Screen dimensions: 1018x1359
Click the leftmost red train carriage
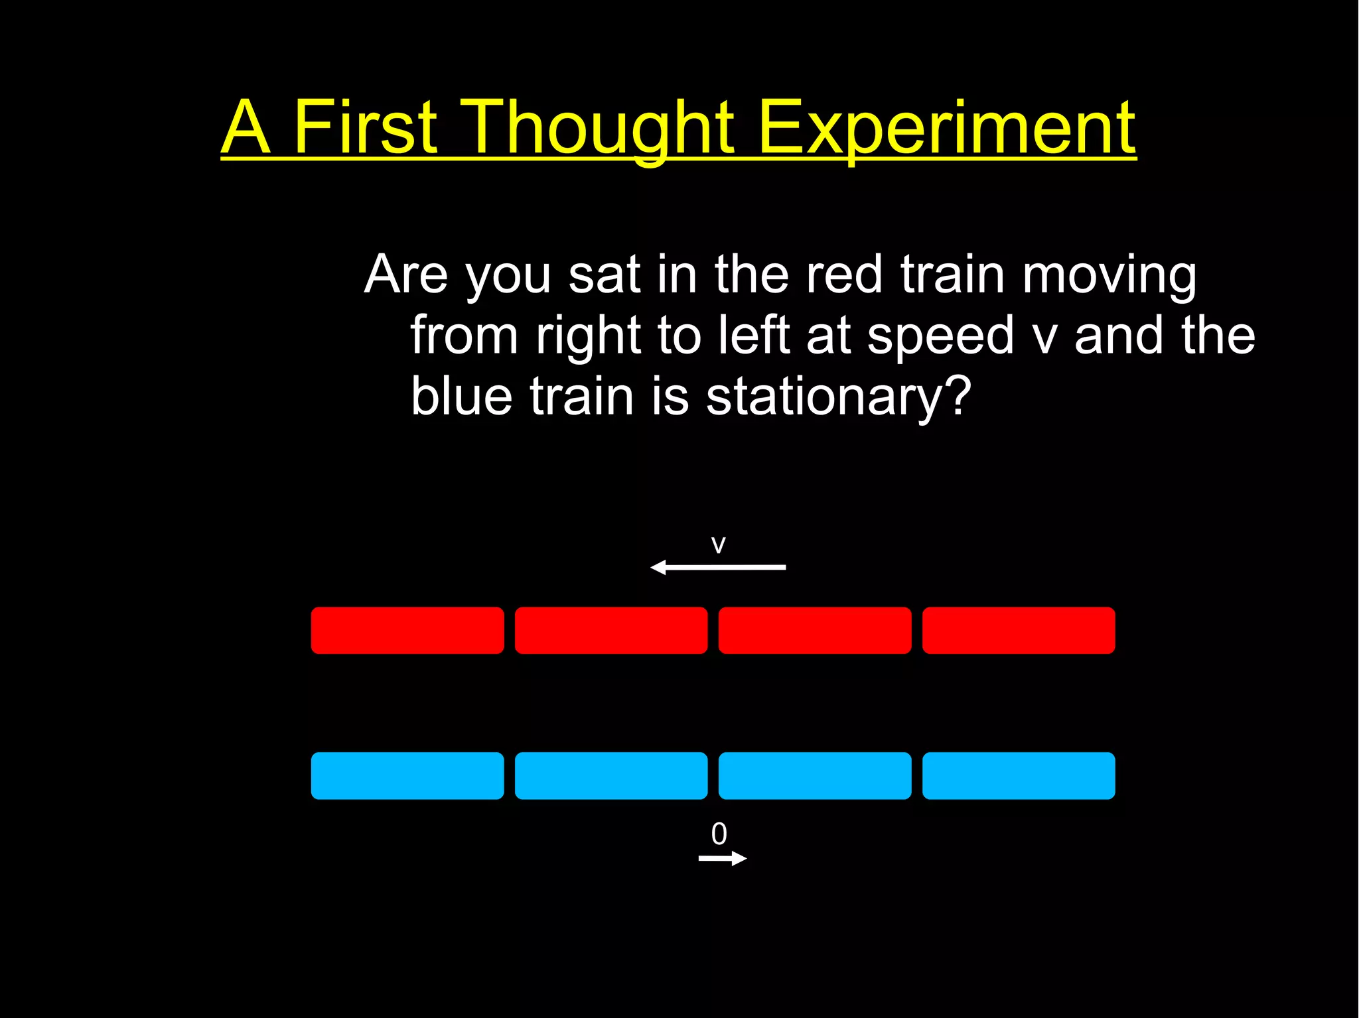pyautogui.click(x=407, y=630)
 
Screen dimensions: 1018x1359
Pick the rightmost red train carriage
pyautogui.click(x=1019, y=630)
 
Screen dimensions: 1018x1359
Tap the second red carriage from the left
pyautogui.click(x=611, y=630)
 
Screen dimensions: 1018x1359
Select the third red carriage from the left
pyautogui.click(x=815, y=630)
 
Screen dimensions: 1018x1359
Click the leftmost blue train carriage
pyautogui.click(x=407, y=775)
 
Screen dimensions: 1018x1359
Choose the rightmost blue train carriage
pyautogui.click(x=1019, y=775)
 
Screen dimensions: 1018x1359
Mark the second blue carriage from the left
pyautogui.click(x=611, y=775)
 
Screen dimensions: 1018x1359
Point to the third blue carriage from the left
pyautogui.click(x=815, y=775)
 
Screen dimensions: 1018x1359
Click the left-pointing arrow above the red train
pyautogui.click(x=718, y=567)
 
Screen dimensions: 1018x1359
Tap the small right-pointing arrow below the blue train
pyautogui.click(x=723, y=859)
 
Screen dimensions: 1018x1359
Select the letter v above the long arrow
pyautogui.click(x=718, y=545)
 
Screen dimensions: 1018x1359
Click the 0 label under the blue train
pyautogui.click(x=719, y=834)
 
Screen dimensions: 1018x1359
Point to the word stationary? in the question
pyautogui.click(x=839, y=397)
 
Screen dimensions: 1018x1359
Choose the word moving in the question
pyautogui.click(x=1109, y=276)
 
